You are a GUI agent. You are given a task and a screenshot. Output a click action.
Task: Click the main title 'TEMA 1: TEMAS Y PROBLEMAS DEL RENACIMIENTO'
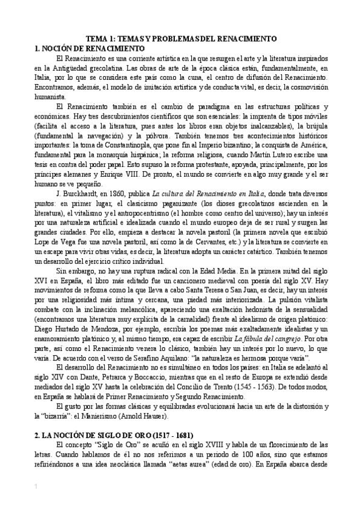(x=181, y=39)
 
